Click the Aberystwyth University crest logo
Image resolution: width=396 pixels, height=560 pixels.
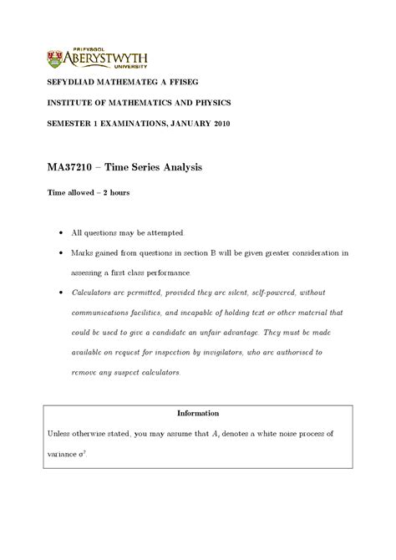pyautogui.click(x=56, y=58)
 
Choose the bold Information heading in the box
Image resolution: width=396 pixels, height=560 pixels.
pyautogui.click(x=198, y=413)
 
